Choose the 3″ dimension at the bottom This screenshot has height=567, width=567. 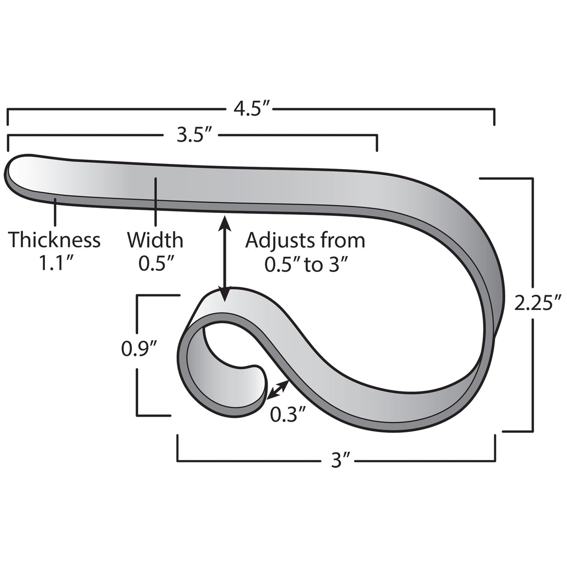click(336, 461)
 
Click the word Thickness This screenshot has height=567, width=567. click(55, 240)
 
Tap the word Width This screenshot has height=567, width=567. click(155, 240)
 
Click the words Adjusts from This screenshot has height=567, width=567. click(305, 240)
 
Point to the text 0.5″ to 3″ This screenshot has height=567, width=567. click(306, 264)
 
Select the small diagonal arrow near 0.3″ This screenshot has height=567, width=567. click(277, 389)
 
